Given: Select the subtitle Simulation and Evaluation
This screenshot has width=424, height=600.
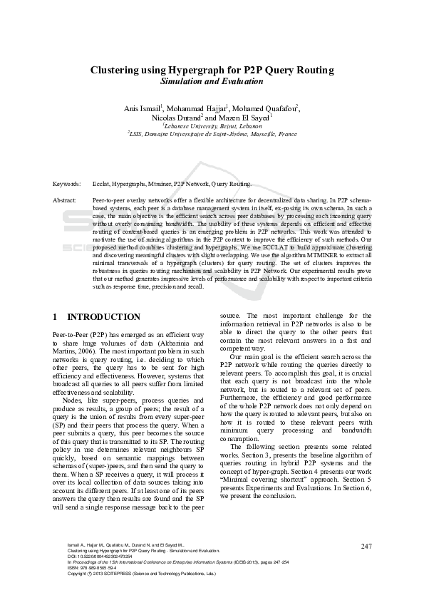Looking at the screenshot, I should click(212, 82).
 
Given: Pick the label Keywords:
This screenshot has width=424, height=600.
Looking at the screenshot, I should click(67, 183).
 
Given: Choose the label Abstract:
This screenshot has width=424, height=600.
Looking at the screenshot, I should click(66, 200).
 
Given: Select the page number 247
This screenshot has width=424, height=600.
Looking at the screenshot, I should click(366, 547).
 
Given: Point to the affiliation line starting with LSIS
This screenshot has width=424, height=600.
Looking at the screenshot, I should click(212, 134).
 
